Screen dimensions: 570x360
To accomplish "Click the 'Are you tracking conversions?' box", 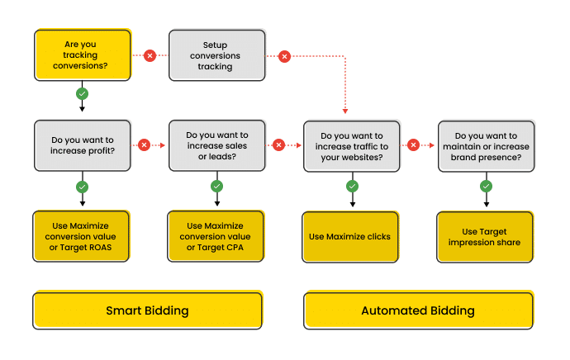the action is click(x=83, y=54).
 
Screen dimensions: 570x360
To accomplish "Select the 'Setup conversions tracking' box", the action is click(x=217, y=55).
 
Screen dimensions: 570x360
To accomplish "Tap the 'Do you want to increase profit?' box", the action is click(x=83, y=145).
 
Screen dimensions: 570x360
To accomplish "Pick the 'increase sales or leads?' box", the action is click(x=217, y=145).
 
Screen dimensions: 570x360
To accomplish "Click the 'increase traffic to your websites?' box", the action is click(x=352, y=146).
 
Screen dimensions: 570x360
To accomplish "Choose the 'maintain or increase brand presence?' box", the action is click(x=487, y=146).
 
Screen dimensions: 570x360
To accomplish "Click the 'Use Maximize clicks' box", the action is click(x=350, y=236).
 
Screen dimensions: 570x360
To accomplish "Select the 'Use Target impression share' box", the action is click(x=485, y=236).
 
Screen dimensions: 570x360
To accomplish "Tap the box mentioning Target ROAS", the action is click(x=81, y=236).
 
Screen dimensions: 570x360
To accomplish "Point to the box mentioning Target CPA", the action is click(x=216, y=236).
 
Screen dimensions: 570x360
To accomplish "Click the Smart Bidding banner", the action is click(x=148, y=310).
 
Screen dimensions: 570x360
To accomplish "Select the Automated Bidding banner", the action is click(x=418, y=310).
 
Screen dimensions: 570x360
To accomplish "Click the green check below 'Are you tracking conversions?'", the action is click(x=82, y=94).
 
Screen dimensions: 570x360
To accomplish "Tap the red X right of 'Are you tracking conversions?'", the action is click(x=150, y=55).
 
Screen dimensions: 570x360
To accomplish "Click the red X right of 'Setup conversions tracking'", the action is click(x=285, y=56).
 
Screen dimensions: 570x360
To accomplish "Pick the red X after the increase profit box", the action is click(x=145, y=145).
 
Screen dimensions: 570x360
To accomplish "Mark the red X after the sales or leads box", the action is click(x=279, y=145).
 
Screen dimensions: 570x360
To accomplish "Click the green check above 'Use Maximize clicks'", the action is click(x=352, y=187).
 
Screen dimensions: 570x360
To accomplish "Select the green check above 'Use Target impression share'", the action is click(x=487, y=187).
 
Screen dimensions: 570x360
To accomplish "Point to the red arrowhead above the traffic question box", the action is click(x=345, y=111).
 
